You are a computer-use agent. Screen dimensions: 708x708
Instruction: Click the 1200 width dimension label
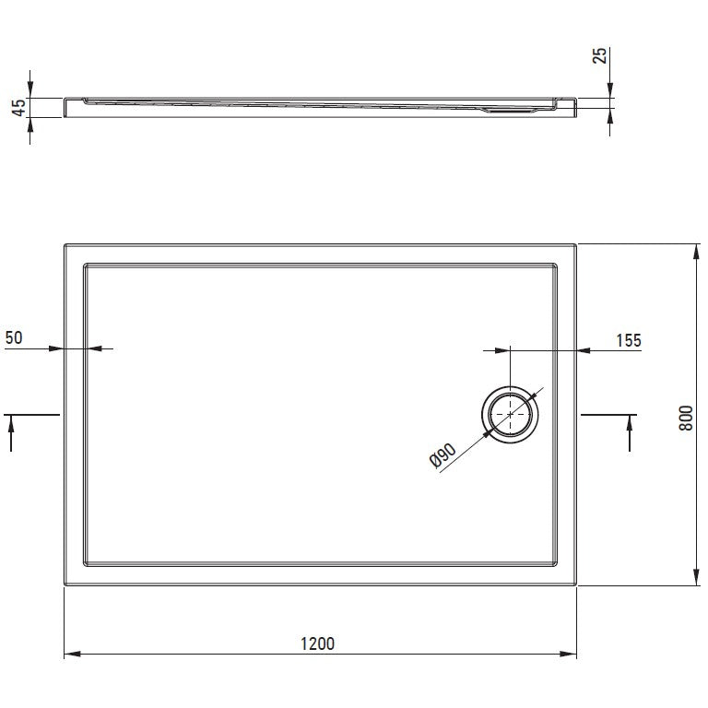(317, 643)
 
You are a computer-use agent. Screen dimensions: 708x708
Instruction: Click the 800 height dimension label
(686, 418)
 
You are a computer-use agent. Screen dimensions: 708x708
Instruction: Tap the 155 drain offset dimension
(629, 340)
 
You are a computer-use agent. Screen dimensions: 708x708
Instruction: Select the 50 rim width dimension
(14, 337)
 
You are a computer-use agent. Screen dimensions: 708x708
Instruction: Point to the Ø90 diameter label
(442, 455)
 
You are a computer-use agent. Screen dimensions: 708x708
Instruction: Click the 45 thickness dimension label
(18, 108)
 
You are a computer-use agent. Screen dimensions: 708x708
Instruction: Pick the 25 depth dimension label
(599, 55)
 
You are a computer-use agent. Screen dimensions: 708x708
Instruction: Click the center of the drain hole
(510, 414)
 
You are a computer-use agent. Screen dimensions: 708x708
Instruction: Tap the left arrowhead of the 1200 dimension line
(72, 654)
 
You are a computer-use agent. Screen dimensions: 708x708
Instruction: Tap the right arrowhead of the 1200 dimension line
(568, 654)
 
